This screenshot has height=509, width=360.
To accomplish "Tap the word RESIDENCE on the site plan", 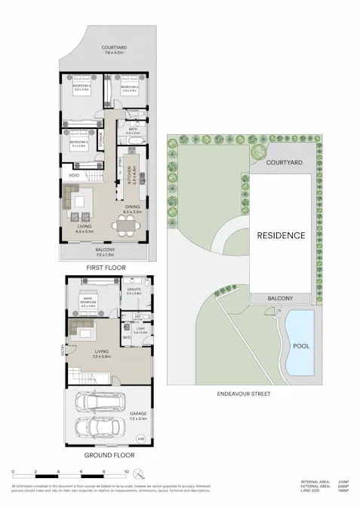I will pos(282,235).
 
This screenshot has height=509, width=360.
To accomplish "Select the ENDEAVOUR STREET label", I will pos(242,394).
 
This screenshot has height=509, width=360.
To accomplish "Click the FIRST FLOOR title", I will pos(105,268).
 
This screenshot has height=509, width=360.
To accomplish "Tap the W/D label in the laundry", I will pos(125,337).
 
